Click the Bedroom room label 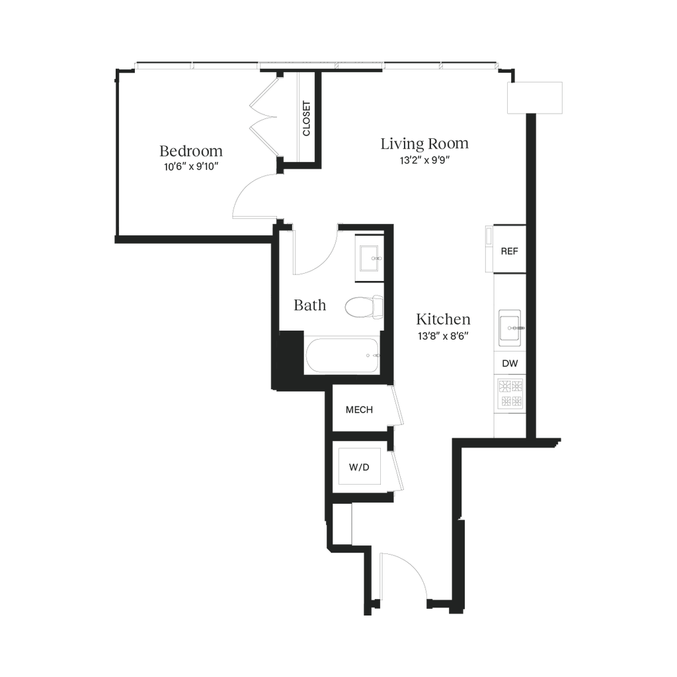coord(192,151)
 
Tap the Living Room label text coord(424,143)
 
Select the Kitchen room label coord(443,319)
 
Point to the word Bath coord(309,305)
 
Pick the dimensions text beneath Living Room coord(424,159)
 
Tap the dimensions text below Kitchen coord(443,335)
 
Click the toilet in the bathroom coord(363,306)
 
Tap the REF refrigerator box coord(508,251)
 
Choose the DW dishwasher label coord(509,363)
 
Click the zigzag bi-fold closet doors coord(265,119)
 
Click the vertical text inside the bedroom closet coord(305,117)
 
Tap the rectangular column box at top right coord(535,99)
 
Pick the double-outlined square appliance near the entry coord(359,466)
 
